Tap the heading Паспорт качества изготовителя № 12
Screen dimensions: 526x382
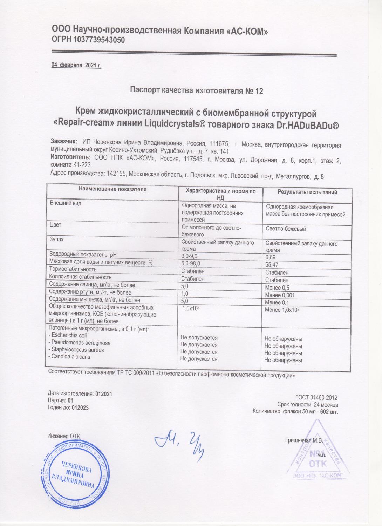tap(196, 91)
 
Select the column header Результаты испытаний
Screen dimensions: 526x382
tap(307, 192)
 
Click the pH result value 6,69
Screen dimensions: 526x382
tap(271, 257)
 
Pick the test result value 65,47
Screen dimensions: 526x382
tap(272, 265)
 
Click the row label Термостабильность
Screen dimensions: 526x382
tap(73, 269)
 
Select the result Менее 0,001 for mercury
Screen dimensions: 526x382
tap(280, 295)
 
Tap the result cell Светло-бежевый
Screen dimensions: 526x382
tap(286, 229)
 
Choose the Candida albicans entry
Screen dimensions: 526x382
tap(69, 356)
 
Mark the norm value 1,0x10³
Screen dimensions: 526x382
tap(191, 308)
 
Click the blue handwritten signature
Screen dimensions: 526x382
tap(179, 443)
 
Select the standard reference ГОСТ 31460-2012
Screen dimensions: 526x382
tap(316, 397)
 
